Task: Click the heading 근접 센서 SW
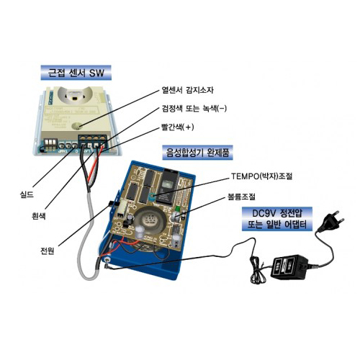point(76,73)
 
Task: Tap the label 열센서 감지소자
point(187,90)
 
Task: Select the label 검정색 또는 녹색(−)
point(194,109)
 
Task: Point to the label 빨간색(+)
point(178,127)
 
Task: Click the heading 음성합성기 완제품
point(197,152)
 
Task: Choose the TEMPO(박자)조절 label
point(261,176)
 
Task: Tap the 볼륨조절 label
point(241,197)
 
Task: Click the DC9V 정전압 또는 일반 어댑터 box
point(277,219)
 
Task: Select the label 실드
point(27,194)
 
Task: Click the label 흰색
point(38,216)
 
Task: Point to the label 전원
point(47,251)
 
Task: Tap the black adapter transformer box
point(289,266)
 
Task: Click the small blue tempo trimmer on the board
point(151,197)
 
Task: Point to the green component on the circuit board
point(178,208)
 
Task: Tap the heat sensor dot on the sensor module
point(77,125)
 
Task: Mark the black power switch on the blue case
point(112,204)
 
